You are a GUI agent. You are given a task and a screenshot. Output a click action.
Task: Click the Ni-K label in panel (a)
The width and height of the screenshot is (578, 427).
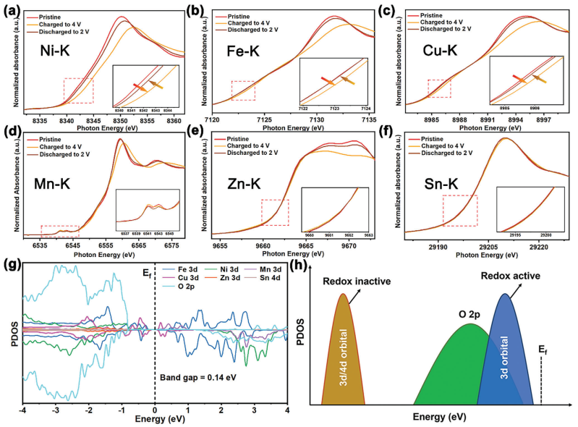tap(54, 50)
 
